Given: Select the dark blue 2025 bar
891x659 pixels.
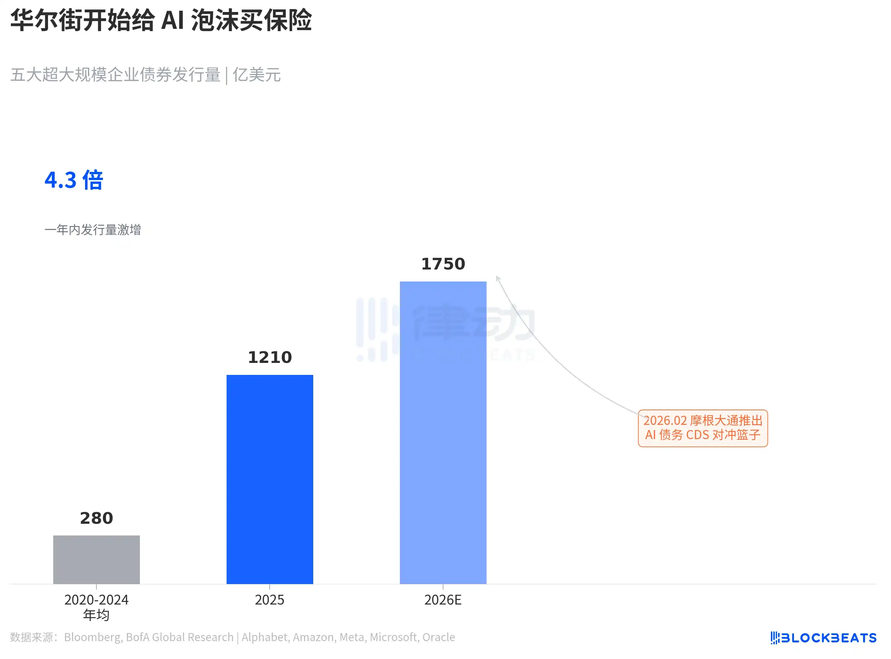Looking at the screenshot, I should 269,479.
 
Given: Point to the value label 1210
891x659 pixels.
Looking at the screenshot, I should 269,357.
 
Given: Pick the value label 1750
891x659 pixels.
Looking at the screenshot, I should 443,264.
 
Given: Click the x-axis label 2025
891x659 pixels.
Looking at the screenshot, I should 269,600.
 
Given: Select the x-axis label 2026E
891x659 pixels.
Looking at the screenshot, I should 443,600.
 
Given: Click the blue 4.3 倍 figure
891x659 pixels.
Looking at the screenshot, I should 74,180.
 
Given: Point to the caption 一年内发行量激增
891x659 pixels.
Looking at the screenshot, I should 93,230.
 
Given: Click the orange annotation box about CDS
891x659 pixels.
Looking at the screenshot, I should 703,428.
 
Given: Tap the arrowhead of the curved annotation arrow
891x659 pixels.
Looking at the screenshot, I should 497,278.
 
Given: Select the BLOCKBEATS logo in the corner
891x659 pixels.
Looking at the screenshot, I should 823,638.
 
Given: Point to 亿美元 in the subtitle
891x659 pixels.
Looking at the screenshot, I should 256,75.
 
